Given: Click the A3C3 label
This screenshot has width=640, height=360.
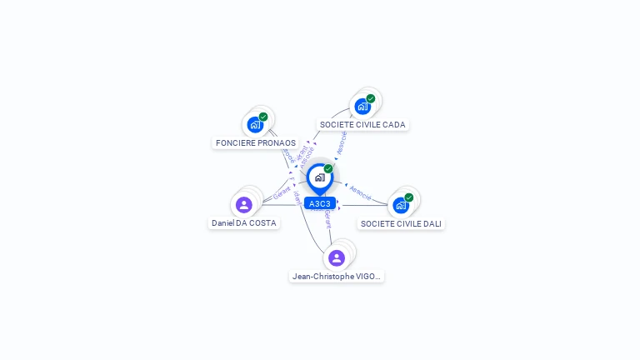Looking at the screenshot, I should [x=320, y=203].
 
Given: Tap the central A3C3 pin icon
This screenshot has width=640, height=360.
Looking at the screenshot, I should [x=320, y=177].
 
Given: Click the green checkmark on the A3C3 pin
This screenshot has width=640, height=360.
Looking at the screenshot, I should [x=328, y=169].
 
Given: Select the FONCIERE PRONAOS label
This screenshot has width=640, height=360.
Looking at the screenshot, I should [x=256, y=142].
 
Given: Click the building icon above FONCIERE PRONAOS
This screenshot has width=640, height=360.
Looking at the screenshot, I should [x=255, y=125].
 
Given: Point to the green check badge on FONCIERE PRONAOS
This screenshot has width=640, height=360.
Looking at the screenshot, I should [x=263, y=117].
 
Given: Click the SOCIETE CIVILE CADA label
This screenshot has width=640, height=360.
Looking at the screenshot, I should [x=362, y=124].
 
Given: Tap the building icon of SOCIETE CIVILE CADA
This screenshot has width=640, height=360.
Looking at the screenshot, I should [x=362, y=107].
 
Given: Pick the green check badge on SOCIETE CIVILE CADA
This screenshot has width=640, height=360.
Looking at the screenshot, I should [x=371, y=98].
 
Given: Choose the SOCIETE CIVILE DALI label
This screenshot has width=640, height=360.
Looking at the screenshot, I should [x=401, y=223].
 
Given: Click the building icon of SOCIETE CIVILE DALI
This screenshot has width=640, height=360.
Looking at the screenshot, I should [x=401, y=206].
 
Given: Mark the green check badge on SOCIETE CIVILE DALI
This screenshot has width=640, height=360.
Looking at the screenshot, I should [x=409, y=197].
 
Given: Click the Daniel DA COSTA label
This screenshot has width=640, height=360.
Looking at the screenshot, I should [x=243, y=222].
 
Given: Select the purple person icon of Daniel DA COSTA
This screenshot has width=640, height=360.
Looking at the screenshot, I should [x=243, y=205].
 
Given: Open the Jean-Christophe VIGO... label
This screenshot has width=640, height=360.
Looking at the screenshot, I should [x=337, y=276].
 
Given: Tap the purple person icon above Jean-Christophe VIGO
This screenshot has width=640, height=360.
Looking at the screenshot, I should [x=337, y=257].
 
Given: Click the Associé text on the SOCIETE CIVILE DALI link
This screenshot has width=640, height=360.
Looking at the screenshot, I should [x=361, y=192].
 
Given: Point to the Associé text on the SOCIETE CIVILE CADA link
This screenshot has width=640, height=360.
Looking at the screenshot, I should [x=342, y=142].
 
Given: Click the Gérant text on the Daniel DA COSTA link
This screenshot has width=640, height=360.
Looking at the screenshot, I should [x=282, y=193].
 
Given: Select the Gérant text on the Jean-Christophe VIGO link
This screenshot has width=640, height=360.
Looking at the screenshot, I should [x=327, y=219].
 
